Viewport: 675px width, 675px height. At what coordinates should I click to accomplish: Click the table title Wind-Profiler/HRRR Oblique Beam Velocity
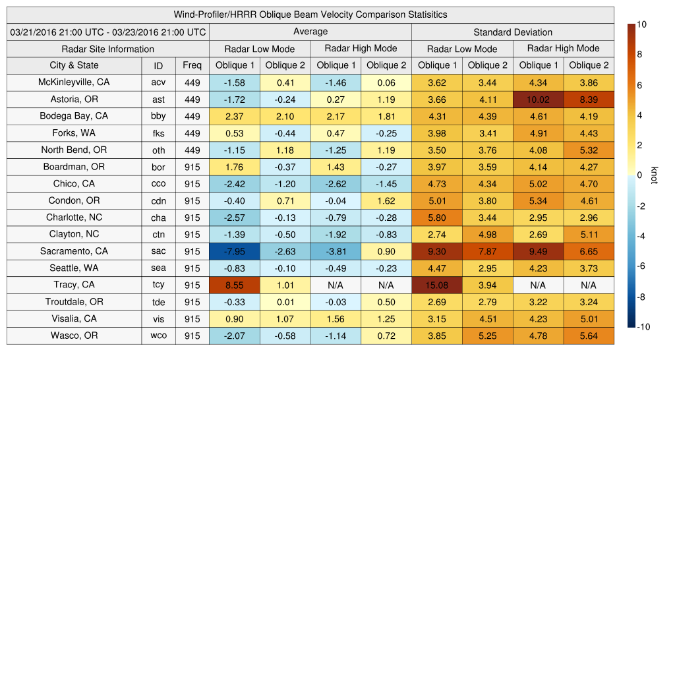pyautogui.click(x=310, y=15)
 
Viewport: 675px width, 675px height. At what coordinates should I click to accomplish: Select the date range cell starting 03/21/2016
pyautogui.click(x=108, y=32)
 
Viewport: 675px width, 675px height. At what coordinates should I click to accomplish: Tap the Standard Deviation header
pyautogui.click(x=513, y=32)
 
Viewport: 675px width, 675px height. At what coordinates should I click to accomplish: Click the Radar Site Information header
pyautogui.click(x=108, y=49)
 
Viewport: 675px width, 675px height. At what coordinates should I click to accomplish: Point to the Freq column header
pyautogui.click(x=192, y=65)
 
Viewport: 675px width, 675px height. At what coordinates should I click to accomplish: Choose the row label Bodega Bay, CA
pyautogui.click(x=74, y=116)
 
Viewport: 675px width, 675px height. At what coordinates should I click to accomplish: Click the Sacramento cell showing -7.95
pyautogui.click(x=234, y=251)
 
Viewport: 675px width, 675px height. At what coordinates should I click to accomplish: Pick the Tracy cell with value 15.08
pyautogui.click(x=436, y=285)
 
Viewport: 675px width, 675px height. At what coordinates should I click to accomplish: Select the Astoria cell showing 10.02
pyautogui.click(x=538, y=100)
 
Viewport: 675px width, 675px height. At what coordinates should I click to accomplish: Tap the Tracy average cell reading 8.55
pyautogui.click(x=234, y=285)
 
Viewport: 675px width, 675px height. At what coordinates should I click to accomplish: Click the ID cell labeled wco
pyautogui.click(x=158, y=336)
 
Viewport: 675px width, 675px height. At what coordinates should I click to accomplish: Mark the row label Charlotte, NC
pyautogui.click(x=74, y=218)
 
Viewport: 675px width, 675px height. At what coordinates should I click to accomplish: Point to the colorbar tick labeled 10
pyautogui.click(x=641, y=24)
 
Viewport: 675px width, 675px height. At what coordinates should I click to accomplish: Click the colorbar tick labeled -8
pyautogui.click(x=641, y=297)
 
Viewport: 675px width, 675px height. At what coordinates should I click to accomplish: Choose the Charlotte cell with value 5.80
pyautogui.click(x=436, y=218)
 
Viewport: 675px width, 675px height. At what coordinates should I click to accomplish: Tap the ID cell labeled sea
pyautogui.click(x=158, y=268)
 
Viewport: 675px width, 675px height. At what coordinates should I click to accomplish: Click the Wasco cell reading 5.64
pyautogui.click(x=589, y=336)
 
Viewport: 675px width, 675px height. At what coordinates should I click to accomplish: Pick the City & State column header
pyautogui.click(x=74, y=65)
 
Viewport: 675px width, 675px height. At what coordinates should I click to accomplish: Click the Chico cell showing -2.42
pyautogui.click(x=234, y=184)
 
